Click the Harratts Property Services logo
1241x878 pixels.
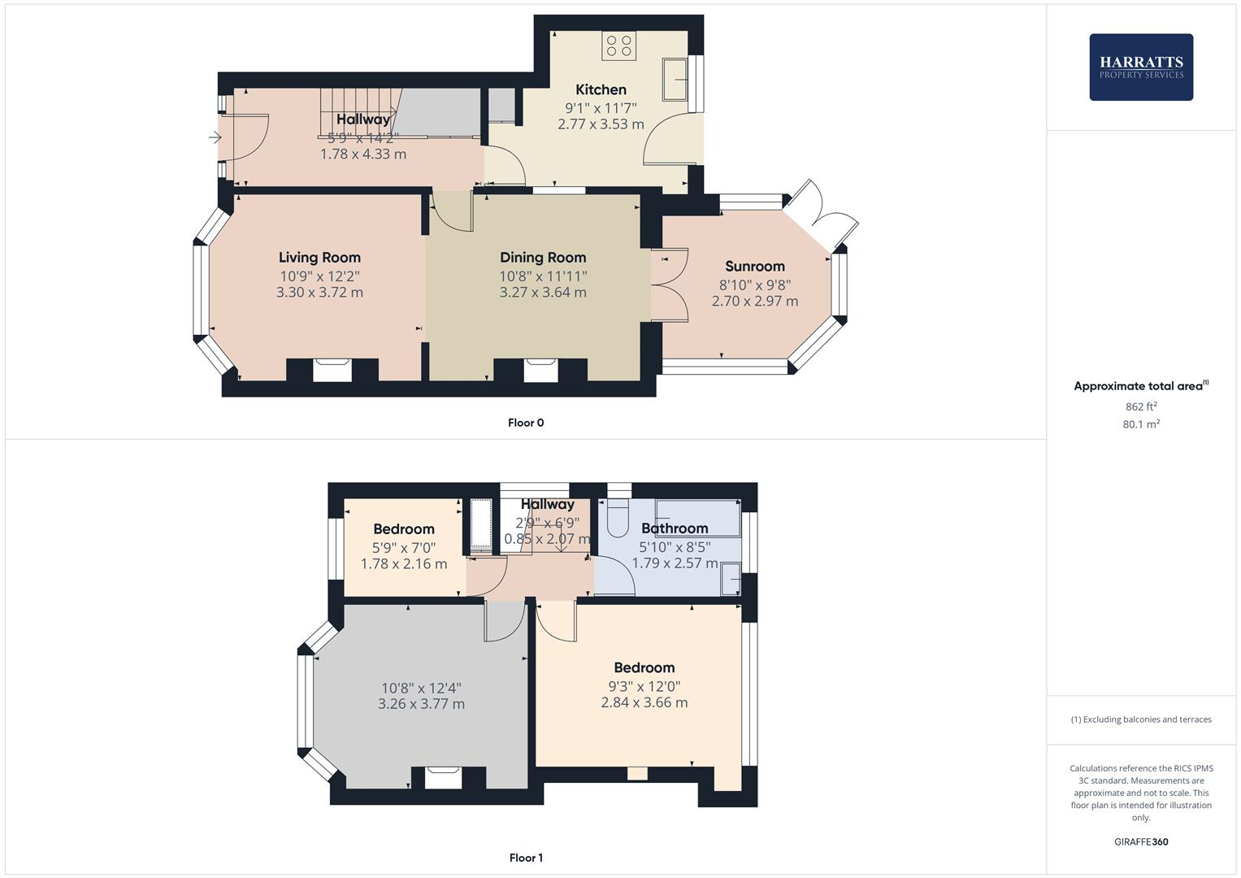[x=1140, y=67]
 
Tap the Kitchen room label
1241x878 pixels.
[x=601, y=89]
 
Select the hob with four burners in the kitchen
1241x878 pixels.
[x=618, y=46]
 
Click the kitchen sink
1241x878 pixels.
[x=675, y=79]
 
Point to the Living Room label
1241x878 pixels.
[x=319, y=257]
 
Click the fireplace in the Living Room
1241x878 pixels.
[x=332, y=370]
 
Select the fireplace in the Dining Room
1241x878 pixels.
[x=541, y=370]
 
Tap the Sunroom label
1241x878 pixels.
[x=754, y=266]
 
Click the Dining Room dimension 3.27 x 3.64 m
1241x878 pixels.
[x=542, y=292]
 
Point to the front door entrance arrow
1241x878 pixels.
[x=215, y=137]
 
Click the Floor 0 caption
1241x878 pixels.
[x=526, y=423]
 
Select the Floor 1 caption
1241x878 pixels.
[x=526, y=858]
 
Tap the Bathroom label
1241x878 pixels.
[x=675, y=528]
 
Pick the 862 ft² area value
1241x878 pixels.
[x=1140, y=406]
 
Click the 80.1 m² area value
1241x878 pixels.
[x=1140, y=424]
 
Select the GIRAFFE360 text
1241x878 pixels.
[x=1140, y=841]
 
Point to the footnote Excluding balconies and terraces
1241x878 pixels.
[x=1140, y=719]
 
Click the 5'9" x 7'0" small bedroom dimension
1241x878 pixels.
[x=404, y=548]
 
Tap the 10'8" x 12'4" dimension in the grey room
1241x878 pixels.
[x=421, y=688]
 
